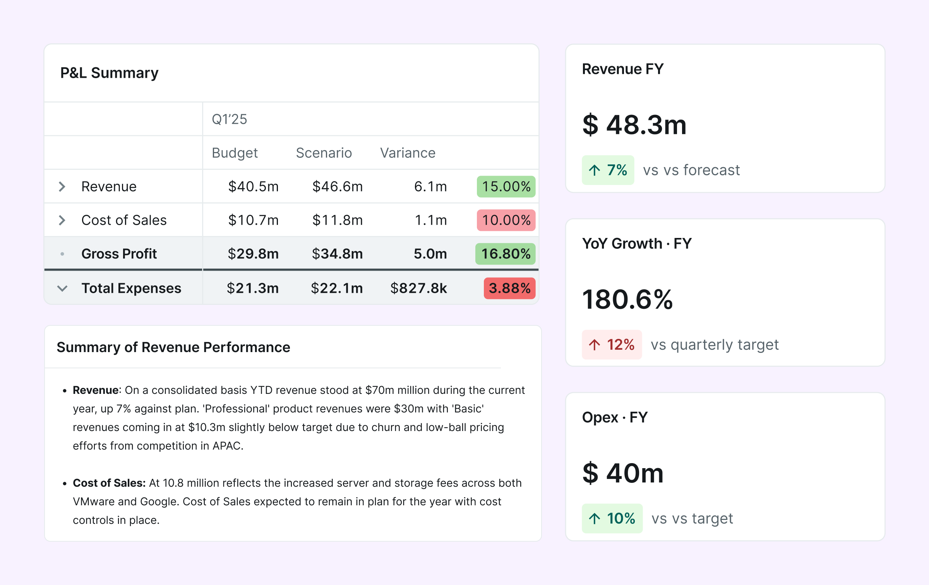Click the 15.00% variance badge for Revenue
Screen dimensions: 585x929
point(506,186)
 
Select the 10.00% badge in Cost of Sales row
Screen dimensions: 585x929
point(506,220)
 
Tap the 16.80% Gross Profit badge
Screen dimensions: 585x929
point(505,254)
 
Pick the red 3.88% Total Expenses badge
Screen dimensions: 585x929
point(509,288)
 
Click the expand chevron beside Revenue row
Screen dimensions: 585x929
point(62,187)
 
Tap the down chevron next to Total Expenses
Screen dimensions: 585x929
point(62,288)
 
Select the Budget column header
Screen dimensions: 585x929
point(235,153)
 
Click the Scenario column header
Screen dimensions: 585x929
point(324,153)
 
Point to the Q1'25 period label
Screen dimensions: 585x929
point(229,119)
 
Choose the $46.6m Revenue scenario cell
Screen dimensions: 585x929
point(337,186)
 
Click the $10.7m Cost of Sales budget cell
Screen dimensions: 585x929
point(253,220)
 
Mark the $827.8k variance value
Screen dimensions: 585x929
point(418,288)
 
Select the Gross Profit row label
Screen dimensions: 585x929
point(119,254)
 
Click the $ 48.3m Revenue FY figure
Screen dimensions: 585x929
point(634,125)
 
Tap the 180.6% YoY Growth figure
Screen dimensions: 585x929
point(627,299)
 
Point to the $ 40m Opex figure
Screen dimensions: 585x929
point(622,473)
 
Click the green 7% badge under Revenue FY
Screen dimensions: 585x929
point(608,170)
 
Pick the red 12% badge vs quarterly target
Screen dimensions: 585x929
point(612,345)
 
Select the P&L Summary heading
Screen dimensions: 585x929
point(109,73)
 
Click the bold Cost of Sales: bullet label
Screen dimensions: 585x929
point(109,483)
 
